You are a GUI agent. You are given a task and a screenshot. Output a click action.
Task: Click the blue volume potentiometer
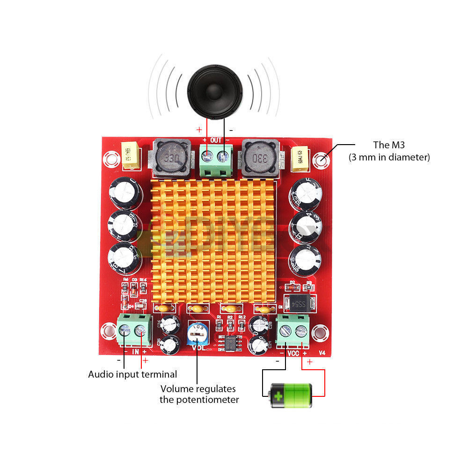198,335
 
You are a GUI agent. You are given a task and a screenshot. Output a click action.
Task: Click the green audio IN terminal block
133,330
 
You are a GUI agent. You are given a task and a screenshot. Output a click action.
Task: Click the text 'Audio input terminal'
132,374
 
